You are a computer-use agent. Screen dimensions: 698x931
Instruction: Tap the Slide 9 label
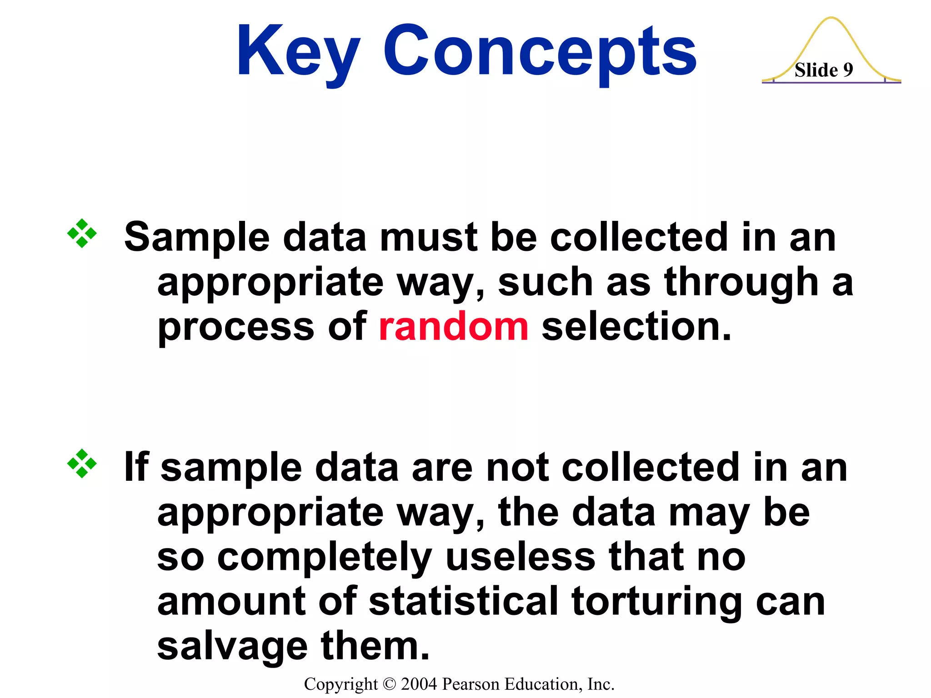[x=823, y=70]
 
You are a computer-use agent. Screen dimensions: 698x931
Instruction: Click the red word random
[x=453, y=327]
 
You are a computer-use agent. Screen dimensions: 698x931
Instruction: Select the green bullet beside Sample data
[x=82, y=234]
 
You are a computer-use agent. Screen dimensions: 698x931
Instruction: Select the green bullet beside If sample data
[x=82, y=464]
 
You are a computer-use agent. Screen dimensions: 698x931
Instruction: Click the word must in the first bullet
[x=428, y=237]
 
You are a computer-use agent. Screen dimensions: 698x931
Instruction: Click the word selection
[x=636, y=327]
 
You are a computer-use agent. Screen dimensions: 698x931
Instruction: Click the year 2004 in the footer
[x=419, y=684]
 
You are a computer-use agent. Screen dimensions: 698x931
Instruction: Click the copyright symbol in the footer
[x=390, y=684]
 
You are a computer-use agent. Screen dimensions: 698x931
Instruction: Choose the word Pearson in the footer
[x=471, y=684]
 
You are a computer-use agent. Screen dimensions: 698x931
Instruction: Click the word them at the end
[x=375, y=647]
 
